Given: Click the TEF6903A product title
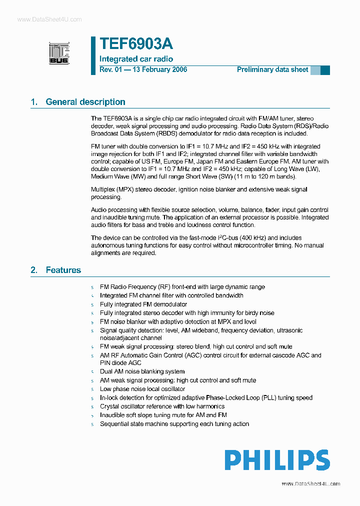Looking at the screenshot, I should (x=136, y=44).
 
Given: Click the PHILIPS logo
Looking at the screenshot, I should (x=276, y=460).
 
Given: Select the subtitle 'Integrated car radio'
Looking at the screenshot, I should (x=136, y=59).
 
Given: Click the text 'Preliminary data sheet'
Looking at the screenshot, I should (x=272, y=69).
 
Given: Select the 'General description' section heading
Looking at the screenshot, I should (x=85, y=102).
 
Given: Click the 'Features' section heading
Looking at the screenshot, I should (x=63, y=270).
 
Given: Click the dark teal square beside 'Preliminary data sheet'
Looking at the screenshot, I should (x=325, y=70).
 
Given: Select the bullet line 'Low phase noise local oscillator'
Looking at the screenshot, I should (x=142, y=389).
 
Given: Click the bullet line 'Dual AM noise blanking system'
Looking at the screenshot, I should (x=142, y=371).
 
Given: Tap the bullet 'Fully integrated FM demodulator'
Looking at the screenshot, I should (x=143, y=304).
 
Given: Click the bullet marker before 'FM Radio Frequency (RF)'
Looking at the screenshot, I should (x=92, y=287).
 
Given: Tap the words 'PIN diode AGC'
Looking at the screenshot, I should (x=120, y=363).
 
